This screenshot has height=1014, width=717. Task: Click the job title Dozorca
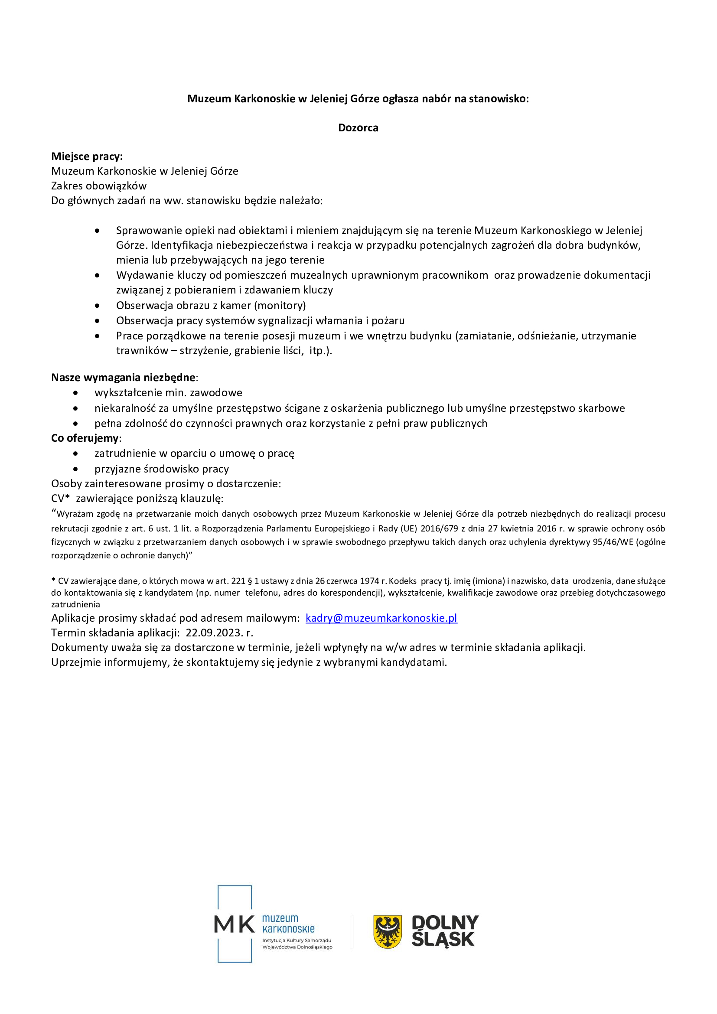(x=358, y=127)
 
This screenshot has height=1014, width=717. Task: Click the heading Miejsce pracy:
(x=87, y=157)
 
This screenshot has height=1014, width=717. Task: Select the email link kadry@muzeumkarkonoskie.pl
(x=381, y=618)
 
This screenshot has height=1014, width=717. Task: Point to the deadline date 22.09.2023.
(x=215, y=633)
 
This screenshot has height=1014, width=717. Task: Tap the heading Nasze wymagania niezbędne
(x=123, y=378)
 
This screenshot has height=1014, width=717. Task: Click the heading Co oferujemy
(x=85, y=438)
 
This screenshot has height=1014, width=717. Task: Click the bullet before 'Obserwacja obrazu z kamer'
(x=97, y=306)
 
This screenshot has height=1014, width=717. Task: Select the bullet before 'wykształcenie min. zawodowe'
(x=76, y=393)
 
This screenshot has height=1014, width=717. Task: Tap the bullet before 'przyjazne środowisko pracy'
(x=76, y=469)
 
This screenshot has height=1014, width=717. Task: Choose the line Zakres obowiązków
(x=99, y=186)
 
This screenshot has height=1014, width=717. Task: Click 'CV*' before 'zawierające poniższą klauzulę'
(x=61, y=499)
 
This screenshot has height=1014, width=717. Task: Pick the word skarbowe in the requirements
(x=603, y=408)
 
